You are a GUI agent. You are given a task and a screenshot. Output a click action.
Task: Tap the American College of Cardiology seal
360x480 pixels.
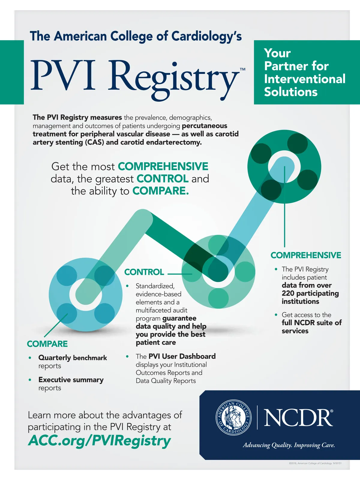pos(234,417)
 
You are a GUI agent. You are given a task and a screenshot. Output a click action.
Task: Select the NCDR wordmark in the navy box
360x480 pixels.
pos(298,417)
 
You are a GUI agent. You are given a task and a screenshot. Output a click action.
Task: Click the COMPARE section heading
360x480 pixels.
pos(47,344)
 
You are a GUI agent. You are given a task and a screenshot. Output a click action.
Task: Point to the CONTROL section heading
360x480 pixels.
pos(144,272)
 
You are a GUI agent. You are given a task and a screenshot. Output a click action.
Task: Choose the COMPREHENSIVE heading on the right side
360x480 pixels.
pos(306,255)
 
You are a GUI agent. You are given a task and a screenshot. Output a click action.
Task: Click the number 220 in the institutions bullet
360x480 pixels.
pos(288,293)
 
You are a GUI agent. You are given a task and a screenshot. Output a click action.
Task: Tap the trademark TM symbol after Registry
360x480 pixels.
pos(242,69)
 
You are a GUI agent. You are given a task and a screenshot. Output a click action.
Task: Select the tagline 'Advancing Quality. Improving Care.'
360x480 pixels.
pos(289,445)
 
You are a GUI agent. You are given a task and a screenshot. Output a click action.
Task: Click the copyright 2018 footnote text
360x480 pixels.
pos(315,463)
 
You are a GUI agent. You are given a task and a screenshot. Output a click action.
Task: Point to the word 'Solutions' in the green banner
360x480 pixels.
pos(291,92)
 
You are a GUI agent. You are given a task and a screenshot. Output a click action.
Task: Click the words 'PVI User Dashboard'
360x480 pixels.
pos(182,356)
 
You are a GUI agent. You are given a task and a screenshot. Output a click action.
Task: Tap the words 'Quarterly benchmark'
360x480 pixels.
pos(73,358)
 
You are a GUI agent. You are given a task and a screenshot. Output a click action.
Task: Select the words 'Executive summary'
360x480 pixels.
pos(71,380)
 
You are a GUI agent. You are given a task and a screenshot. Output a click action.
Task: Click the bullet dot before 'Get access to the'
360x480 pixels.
pos(276,315)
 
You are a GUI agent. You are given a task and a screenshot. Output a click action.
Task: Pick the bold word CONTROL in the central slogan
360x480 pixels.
pos(162,179)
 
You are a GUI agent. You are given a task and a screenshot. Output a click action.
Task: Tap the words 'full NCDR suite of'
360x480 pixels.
pos(311,323)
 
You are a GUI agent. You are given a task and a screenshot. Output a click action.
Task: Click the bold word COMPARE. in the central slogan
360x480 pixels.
pos(160,191)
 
